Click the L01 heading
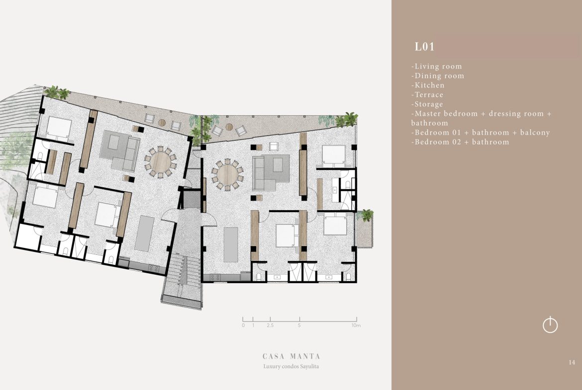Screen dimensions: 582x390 424,47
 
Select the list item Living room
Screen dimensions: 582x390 437,67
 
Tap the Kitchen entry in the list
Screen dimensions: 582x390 428,85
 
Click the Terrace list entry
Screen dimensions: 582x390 427,94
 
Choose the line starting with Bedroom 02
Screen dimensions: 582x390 460,142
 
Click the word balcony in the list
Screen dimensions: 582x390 535,132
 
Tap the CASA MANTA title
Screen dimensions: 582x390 291,356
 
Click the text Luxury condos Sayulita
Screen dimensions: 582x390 291,366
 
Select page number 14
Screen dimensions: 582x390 572,362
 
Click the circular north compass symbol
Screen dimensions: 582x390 550,325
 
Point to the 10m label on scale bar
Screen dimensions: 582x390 356,325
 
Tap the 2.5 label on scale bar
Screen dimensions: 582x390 270,325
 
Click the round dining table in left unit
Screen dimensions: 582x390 160,162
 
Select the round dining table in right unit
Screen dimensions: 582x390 227,174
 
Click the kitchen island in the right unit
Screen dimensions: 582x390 230,244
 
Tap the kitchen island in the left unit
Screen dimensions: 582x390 144,234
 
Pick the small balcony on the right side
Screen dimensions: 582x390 365,229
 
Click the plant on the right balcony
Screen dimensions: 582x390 367,215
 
